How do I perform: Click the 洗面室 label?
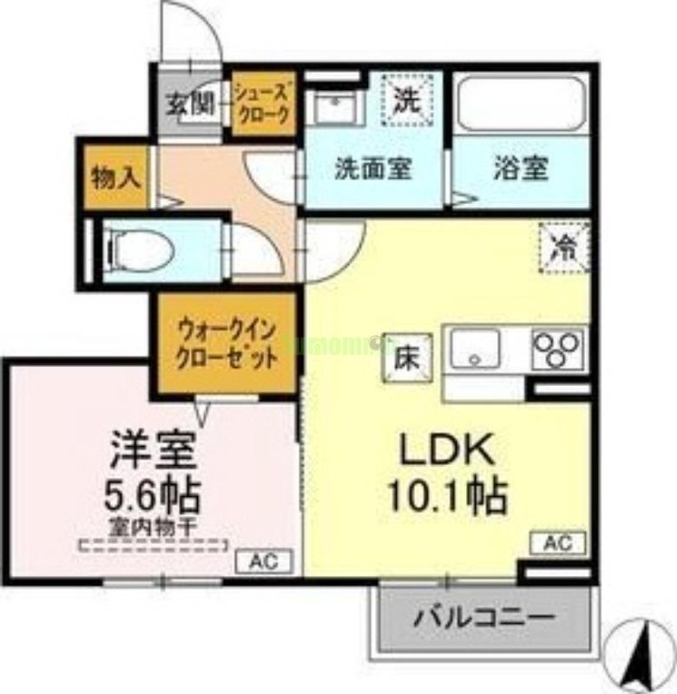click(x=373, y=168)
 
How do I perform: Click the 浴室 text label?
click(x=521, y=168)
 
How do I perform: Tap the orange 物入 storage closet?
click(x=116, y=179)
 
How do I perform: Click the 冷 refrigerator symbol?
click(x=564, y=246)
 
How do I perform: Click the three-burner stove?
click(x=557, y=350)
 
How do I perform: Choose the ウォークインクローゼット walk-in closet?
click(x=228, y=344)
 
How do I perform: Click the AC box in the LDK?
click(x=558, y=544)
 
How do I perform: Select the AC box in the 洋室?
click(x=264, y=561)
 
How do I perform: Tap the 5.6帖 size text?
click(x=154, y=496)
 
